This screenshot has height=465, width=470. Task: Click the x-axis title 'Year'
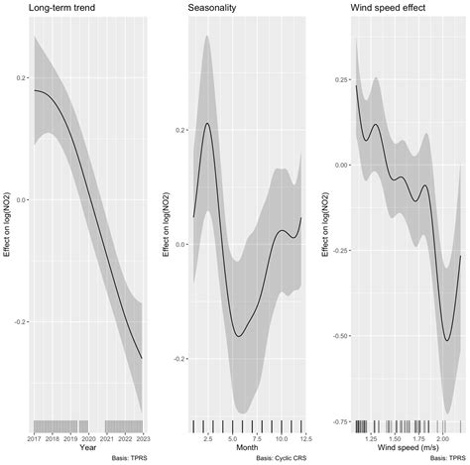(87, 447)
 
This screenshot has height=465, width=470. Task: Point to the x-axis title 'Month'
(246, 447)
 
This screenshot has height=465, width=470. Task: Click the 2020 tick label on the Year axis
(87, 437)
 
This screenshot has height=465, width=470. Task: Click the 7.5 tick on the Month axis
(256, 437)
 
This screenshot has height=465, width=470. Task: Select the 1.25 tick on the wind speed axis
(372, 437)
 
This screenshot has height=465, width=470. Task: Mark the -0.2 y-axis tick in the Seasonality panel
(178, 359)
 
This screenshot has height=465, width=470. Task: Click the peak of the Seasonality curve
(207, 123)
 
